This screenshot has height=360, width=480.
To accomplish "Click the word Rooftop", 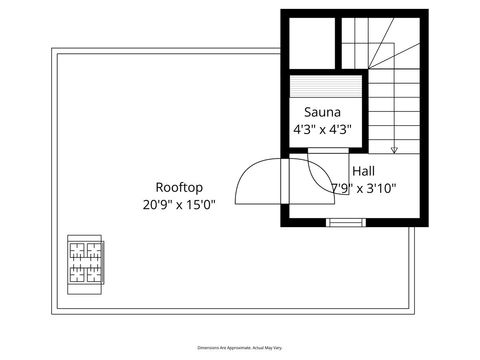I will (180, 187).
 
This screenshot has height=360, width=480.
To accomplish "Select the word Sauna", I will (322, 113).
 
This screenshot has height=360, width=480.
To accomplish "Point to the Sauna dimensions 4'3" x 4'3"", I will (322, 130).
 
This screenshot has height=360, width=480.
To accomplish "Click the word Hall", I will (363, 171).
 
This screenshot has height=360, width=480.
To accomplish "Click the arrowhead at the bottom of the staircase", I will (394, 150).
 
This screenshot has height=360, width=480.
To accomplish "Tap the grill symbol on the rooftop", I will (86, 261).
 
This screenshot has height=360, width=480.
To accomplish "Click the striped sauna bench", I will (322, 87).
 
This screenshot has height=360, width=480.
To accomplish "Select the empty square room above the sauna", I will (309, 43).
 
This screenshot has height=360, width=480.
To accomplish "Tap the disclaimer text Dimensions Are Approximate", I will (239, 346).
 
